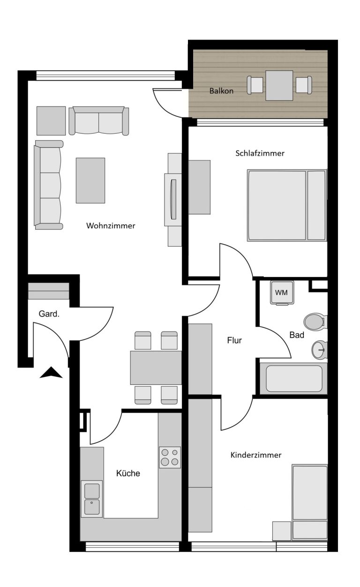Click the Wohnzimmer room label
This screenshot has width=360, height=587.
[x=111, y=226]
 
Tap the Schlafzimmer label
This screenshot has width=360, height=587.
[x=260, y=153]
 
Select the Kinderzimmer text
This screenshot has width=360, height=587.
[x=256, y=455]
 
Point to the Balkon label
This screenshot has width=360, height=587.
[x=221, y=91]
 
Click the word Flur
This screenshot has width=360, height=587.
[x=234, y=340]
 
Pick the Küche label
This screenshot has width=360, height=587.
[x=128, y=473]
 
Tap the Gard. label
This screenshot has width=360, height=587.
[x=49, y=314]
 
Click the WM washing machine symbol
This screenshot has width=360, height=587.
[x=282, y=293]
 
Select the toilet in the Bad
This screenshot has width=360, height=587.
[x=315, y=321]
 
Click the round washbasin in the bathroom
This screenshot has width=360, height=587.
[x=319, y=350]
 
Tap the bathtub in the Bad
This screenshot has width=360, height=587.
[x=294, y=379]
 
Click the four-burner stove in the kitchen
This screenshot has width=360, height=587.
[x=170, y=457]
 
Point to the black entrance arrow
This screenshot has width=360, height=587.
[x=51, y=373]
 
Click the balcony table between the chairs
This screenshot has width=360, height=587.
[x=279, y=85]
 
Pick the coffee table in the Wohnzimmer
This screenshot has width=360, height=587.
[x=90, y=181]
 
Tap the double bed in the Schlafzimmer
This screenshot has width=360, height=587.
[x=287, y=205]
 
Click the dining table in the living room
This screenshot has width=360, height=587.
[x=156, y=368]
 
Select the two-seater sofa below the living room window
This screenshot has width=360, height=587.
[x=99, y=121]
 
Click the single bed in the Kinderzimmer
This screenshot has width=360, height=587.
[x=310, y=503]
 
